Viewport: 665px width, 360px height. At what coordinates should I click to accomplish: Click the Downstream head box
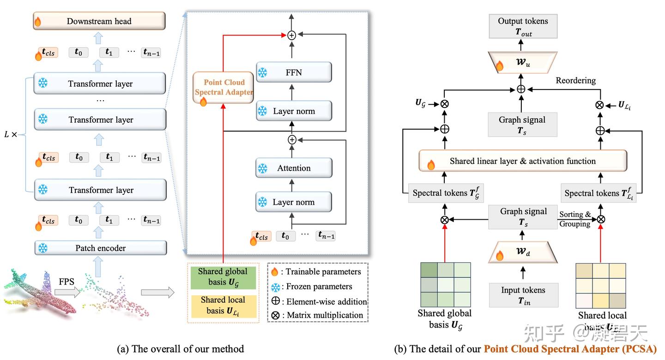click(x=99, y=21)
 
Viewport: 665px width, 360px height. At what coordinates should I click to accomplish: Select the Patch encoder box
click(x=100, y=248)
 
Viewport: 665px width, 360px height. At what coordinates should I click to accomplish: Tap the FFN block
click(x=294, y=72)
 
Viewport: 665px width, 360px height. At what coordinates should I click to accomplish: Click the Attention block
click(x=294, y=168)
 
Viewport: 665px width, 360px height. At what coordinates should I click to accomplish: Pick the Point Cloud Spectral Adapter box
click(x=224, y=87)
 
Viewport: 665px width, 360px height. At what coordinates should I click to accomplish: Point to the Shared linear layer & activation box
click(x=522, y=161)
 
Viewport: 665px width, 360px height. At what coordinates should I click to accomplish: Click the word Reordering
click(x=575, y=81)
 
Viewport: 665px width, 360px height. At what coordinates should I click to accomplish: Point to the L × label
click(x=11, y=135)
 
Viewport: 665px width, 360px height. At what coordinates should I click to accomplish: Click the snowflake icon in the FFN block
click(x=262, y=72)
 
